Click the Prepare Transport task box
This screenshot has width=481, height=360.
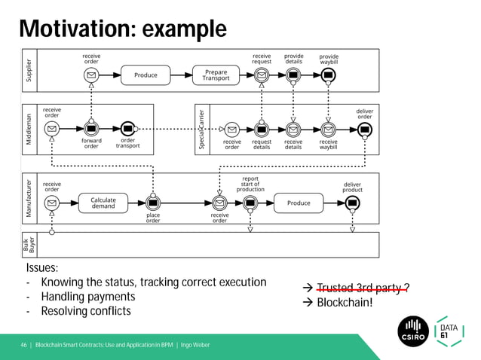pyautogui.click(x=216, y=75)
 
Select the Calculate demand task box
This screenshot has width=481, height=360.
pyautogui.click(x=103, y=203)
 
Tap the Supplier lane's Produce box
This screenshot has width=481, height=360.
pyautogui.click(x=146, y=75)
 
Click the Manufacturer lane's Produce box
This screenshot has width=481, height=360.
pyautogui.click(x=299, y=203)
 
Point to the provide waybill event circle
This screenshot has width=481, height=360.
pyautogui.click(x=329, y=75)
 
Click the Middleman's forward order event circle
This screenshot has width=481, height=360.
pyautogui.click(x=91, y=128)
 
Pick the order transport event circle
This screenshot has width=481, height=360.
pyautogui.click(x=127, y=128)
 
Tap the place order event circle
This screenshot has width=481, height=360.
pyautogui.click(x=153, y=203)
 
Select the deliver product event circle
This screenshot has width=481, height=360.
pyautogui.click(x=352, y=203)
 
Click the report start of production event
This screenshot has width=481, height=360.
pyautogui.click(x=250, y=203)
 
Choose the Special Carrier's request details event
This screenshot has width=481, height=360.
pyautogui.click(x=262, y=129)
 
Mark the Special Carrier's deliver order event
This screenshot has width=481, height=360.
pyautogui.click(x=365, y=129)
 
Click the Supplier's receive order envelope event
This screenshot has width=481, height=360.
pyautogui.click(x=91, y=75)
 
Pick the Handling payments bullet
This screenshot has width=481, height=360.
pyautogui.click(x=85, y=297)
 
